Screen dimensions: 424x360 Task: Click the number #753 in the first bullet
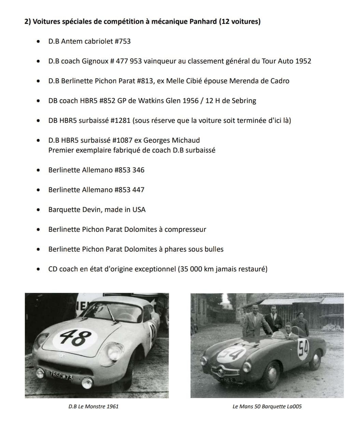pos(122,41)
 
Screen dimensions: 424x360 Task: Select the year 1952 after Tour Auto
pos(303,61)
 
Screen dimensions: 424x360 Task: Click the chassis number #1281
pos(121,121)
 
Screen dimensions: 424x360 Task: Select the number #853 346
pos(130,170)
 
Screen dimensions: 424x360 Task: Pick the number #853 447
pos(130,190)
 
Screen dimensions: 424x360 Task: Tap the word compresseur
pos(185,229)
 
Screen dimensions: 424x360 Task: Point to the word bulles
pos(214,249)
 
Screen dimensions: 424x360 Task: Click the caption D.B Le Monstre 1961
pos(94,407)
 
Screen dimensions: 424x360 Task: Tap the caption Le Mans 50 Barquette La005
pos(267,407)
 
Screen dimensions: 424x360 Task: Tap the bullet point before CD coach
pos(38,269)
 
